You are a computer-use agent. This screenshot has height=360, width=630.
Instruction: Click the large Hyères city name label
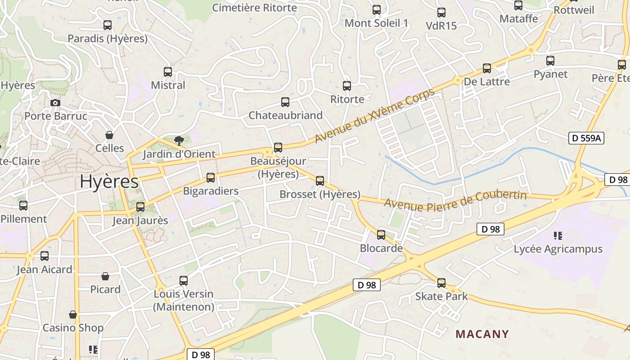point(109,181)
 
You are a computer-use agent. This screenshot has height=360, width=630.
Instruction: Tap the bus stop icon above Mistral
point(168,72)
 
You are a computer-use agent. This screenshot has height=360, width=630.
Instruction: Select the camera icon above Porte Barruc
point(55,103)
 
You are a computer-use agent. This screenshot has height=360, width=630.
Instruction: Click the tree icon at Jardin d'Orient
point(179,140)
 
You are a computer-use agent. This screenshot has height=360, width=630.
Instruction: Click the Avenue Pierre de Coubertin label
point(455,201)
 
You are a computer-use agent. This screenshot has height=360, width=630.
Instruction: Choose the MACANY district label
point(482,334)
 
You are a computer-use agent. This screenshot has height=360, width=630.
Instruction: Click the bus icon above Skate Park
point(441,283)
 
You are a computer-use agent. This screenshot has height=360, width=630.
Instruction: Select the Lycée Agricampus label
point(558,249)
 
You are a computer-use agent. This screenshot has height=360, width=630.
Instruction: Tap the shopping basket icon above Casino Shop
point(73,314)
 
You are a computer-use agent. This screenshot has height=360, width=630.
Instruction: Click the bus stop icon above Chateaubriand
point(285,102)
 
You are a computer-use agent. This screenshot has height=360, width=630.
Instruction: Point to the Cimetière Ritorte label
point(254,8)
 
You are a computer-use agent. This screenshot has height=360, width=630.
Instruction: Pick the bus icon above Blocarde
point(381,234)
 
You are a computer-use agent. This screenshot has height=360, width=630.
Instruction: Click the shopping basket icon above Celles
point(109,135)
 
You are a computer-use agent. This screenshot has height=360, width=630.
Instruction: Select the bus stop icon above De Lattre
point(487,68)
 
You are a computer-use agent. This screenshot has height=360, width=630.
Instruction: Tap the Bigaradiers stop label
point(211,191)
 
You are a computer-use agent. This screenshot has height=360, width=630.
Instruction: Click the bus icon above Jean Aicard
point(45,256)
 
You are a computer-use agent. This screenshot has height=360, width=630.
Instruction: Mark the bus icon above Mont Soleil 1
point(377,9)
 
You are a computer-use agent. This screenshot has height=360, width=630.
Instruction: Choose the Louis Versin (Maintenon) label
point(184,300)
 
